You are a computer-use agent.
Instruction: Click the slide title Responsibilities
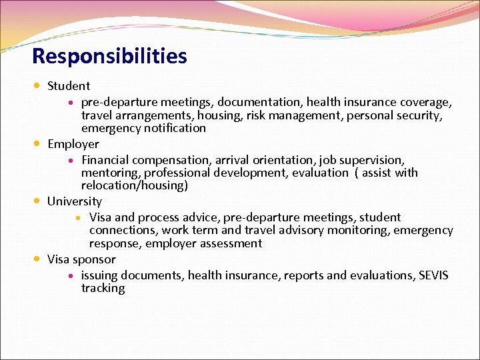click(x=109, y=56)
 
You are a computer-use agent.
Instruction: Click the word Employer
click(x=73, y=144)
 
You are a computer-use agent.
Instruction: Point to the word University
click(x=75, y=201)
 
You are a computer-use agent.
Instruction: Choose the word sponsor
click(x=94, y=260)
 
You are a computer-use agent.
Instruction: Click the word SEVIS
click(x=433, y=275)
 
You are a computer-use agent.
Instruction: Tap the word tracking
click(x=103, y=289)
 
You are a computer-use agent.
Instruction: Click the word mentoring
click(x=109, y=173)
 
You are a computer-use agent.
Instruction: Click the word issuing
click(x=101, y=276)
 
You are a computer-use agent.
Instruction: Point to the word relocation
click(x=110, y=185)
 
